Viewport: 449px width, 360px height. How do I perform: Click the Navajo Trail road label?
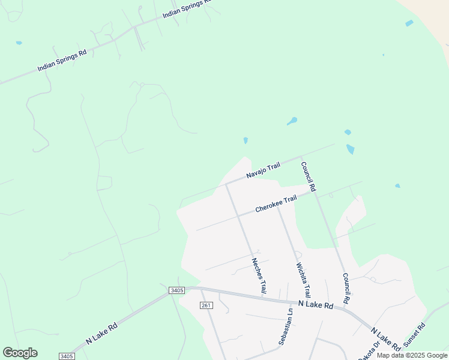pos(263,170)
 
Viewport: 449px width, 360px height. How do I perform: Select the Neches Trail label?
pos(259,275)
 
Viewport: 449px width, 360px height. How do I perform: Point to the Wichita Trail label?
pos(303,280)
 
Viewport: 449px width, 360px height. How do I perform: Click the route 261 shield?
pos(206,305)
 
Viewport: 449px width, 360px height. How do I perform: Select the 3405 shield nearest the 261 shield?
pos(176,290)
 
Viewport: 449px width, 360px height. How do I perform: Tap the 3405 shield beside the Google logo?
pos(67,356)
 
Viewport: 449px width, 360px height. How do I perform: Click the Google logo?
pos(20,353)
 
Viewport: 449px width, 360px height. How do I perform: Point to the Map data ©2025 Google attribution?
pos(412,356)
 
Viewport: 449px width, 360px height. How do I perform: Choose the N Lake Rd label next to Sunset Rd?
pos(385,340)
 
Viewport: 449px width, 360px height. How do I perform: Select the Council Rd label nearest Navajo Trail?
pos(308,176)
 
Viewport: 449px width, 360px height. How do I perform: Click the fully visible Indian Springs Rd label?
pos(62,61)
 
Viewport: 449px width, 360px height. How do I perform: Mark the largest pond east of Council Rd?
pos(350,149)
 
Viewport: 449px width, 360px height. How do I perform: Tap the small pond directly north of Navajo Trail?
pos(246,140)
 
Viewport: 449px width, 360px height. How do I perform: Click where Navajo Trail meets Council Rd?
pos(300,157)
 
